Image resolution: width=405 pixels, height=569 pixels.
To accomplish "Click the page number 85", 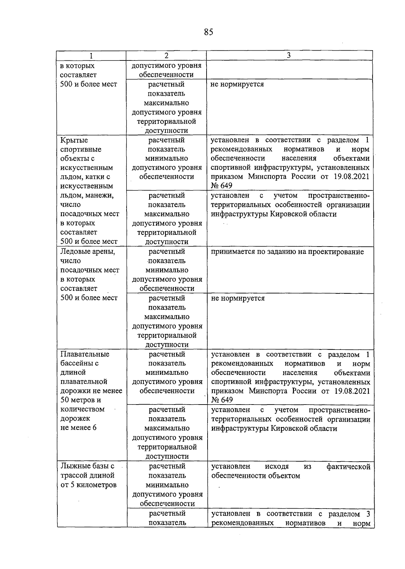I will [209, 32].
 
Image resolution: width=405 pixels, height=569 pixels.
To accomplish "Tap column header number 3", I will [289, 56].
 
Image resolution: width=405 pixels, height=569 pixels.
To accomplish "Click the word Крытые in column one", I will [74, 140].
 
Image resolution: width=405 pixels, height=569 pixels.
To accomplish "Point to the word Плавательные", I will [85, 354].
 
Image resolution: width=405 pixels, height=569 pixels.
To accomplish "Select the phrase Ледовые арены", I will [87, 252].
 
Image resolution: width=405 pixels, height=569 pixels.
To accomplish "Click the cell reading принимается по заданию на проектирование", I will [287, 252].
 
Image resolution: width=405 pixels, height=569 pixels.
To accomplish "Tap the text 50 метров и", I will [81, 400].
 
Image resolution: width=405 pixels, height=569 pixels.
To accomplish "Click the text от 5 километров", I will [88, 485].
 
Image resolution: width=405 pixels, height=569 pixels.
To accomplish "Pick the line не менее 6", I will [78, 428].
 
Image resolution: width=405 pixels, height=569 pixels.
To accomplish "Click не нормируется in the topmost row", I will [237, 84].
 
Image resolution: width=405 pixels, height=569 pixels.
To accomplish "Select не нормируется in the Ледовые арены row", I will [238, 299].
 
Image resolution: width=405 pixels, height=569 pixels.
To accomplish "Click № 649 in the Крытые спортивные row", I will [221, 186].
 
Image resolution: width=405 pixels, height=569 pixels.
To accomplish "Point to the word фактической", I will [348, 467].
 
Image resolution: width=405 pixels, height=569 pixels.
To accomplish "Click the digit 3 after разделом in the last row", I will [368, 514].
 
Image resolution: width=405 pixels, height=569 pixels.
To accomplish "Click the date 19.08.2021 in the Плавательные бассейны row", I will [352, 391].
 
